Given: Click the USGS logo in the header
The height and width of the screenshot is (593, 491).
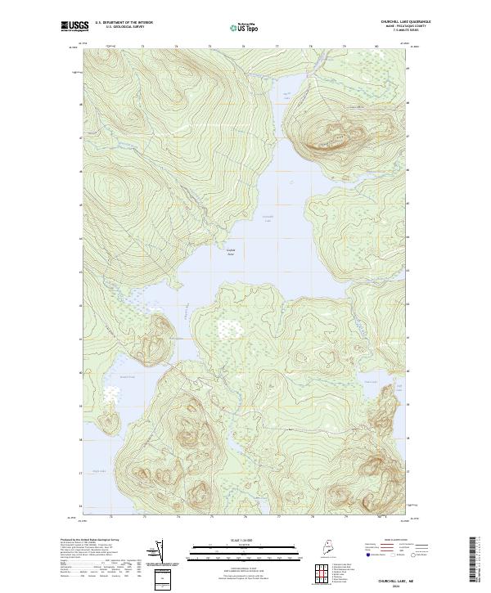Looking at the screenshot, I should pyautogui.click(x=72, y=26).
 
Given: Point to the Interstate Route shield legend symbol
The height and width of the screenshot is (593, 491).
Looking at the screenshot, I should pyautogui.click(x=361, y=553).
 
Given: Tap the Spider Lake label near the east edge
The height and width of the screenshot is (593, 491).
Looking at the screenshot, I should pyautogui.click(x=370, y=381).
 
